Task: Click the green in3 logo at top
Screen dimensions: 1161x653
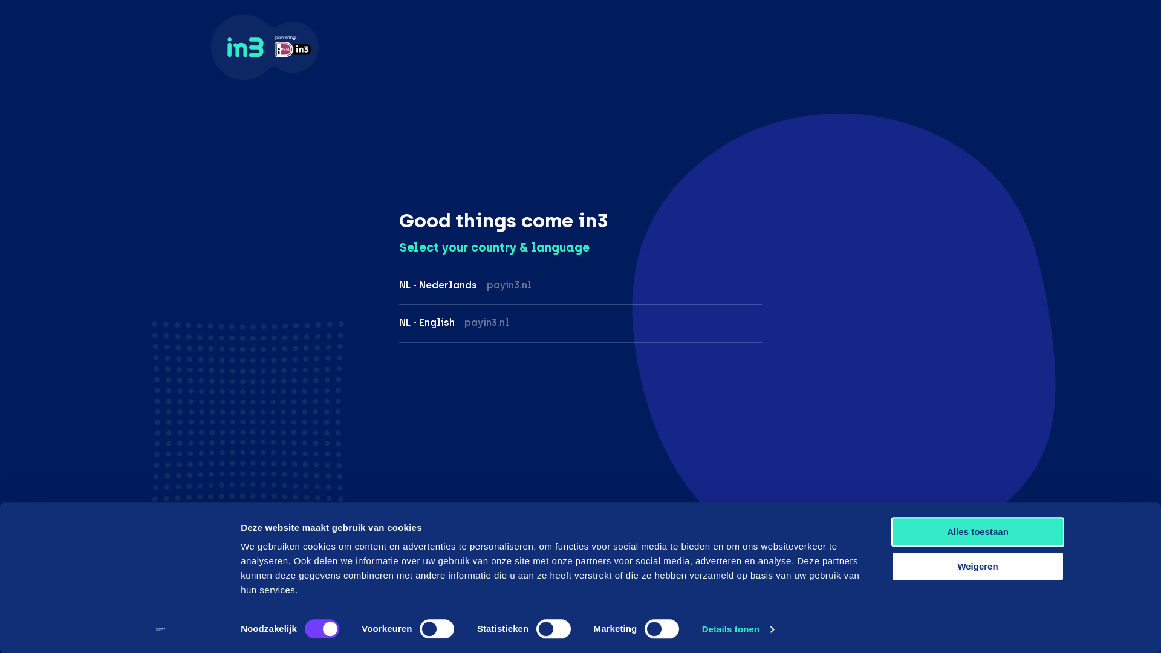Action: (245, 47)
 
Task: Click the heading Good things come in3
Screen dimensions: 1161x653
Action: (503, 221)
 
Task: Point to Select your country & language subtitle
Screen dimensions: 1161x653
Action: (494, 248)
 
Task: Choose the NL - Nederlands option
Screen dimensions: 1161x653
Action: (438, 285)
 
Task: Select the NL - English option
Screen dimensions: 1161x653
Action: (427, 322)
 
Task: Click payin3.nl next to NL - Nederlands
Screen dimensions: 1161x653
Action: (509, 285)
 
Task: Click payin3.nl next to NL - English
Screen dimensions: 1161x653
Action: (487, 323)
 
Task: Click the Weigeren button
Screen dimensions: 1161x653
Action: (978, 567)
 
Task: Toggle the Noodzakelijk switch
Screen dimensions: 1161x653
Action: (322, 629)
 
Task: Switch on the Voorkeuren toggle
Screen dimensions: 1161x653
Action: (437, 629)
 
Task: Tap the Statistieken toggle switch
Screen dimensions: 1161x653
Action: (553, 629)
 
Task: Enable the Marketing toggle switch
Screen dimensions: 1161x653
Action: (662, 629)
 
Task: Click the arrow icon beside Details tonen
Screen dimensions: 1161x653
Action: (772, 629)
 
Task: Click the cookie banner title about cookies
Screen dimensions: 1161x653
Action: (331, 528)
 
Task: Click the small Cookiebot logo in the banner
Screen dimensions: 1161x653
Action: (160, 629)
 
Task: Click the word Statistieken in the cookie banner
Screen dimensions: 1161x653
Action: (502, 629)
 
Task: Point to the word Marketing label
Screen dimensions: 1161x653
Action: (615, 629)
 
